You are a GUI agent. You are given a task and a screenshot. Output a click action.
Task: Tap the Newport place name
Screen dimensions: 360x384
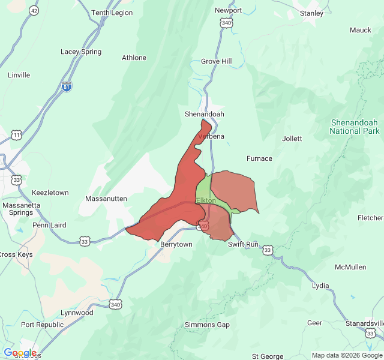coord(228,10)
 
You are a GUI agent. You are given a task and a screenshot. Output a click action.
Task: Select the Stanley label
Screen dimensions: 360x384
coord(311,13)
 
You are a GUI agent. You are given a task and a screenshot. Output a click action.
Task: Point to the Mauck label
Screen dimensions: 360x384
coord(361,29)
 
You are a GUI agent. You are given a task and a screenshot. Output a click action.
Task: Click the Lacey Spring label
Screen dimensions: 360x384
coord(81,52)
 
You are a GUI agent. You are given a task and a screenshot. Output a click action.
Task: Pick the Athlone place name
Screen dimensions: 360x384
coord(134,58)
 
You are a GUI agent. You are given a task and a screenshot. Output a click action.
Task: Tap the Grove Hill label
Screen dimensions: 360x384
coord(216,61)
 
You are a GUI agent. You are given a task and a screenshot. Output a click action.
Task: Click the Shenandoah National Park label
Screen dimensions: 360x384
coord(355,127)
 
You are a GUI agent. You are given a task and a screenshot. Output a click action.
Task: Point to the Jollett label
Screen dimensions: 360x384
coord(292,139)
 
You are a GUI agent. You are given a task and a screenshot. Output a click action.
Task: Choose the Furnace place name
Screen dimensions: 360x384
coord(259,158)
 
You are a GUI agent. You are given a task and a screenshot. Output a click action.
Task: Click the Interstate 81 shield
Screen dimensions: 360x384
coord(67,87)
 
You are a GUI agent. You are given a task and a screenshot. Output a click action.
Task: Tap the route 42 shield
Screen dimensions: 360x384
coord(34,11)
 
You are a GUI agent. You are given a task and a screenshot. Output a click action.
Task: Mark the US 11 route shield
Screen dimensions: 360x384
coord(16,135)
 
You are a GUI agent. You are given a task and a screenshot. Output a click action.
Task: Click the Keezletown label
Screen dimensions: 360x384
coord(50,193)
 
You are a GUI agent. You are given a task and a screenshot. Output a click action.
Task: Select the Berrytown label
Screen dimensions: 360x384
coord(176,244)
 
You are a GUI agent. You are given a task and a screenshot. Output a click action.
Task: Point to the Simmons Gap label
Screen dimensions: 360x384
coord(207,325)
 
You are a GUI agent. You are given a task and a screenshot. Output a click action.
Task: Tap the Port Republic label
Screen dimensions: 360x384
coord(42,325)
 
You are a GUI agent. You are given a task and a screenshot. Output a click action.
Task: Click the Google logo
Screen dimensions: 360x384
coord(20,353)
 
